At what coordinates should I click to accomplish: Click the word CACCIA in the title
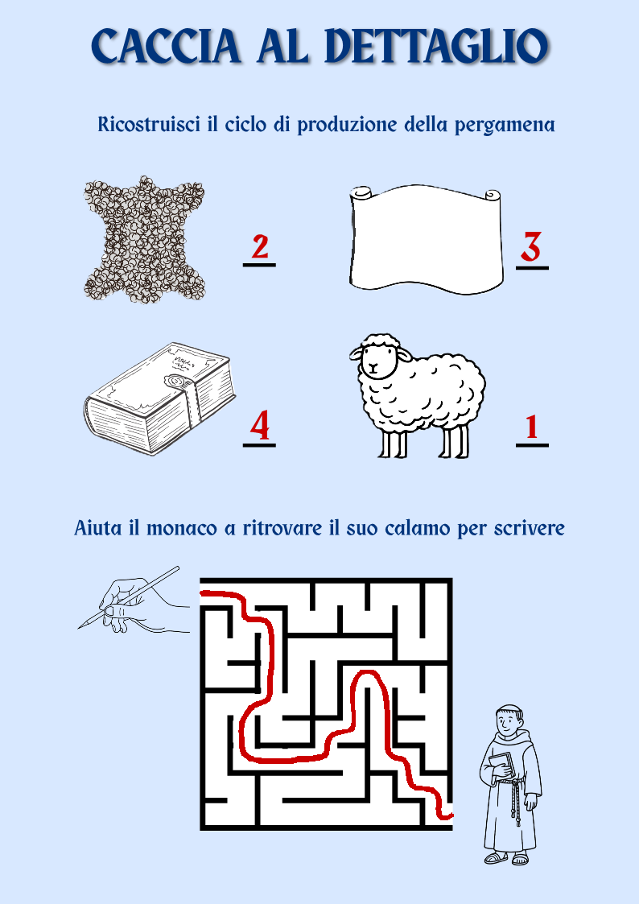tap(164, 46)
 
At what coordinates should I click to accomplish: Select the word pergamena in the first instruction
tap(505, 126)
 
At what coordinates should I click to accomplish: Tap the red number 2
tap(259, 247)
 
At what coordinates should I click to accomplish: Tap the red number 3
tap(531, 247)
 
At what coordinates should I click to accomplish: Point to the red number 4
tap(259, 426)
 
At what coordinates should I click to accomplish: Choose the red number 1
tap(531, 427)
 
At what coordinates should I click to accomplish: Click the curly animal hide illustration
tap(143, 237)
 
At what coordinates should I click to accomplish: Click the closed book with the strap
tap(159, 398)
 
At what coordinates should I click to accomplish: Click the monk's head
tap(510, 718)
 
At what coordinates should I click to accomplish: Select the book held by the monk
tap(502, 765)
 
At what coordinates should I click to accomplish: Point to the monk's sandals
tap(506, 858)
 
